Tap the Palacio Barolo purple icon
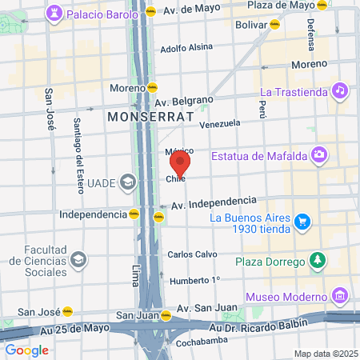54,14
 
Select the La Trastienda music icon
339,91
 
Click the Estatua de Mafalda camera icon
319,154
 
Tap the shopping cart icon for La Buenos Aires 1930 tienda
302,221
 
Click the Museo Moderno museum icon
339,298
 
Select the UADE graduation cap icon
127,182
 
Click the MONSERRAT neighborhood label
151,117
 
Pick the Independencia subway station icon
133,214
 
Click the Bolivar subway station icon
275,25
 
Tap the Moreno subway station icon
152,87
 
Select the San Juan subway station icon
166,315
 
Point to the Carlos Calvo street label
189,254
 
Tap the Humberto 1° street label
193,280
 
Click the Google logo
26,350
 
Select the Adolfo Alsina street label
186,48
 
